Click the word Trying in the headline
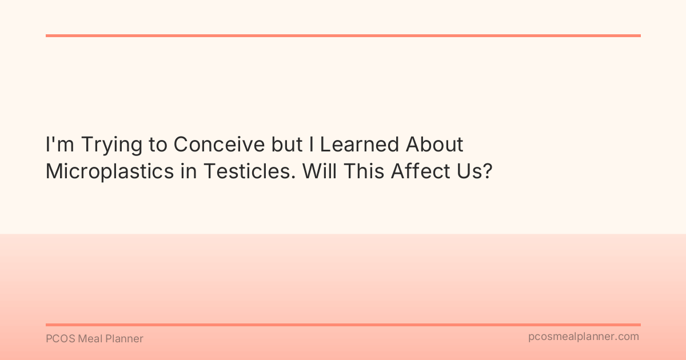110,145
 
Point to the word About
434,145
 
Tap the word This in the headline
360,171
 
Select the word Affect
416,171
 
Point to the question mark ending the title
487,171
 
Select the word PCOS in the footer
59,339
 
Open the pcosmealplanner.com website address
584,337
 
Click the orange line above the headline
343,35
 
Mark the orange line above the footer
343,325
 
